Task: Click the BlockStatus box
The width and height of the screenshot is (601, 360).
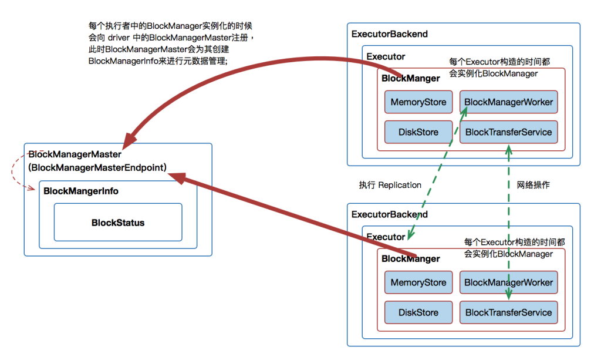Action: coord(118,223)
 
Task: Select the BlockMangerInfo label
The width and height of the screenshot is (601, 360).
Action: coord(81,191)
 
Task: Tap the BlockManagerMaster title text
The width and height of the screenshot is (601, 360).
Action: coord(75,154)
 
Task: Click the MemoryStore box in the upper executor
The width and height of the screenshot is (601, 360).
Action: coord(418,102)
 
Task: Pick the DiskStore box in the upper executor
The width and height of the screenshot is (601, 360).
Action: coord(418,132)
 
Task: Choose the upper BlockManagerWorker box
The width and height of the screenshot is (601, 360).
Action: coord(508,102)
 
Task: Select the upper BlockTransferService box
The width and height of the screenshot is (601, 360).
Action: coord(508,132)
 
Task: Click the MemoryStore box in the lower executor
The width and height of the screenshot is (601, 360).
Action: coord(418,282)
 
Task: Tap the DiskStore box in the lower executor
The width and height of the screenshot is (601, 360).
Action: coord(418,312)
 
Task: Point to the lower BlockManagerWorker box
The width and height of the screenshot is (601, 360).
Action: coord(508,282)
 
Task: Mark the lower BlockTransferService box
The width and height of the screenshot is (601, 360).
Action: coord(508,312)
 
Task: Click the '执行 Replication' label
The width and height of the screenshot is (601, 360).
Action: coord(390,185)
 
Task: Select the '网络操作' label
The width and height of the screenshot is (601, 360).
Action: coord(533,185)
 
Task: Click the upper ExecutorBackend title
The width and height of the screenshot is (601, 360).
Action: coord(390,34)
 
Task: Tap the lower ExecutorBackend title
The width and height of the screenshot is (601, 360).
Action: coord(390,214)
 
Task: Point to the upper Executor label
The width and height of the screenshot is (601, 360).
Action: coord(386,57)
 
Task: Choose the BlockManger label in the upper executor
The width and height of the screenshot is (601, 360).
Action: coord(411,78)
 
